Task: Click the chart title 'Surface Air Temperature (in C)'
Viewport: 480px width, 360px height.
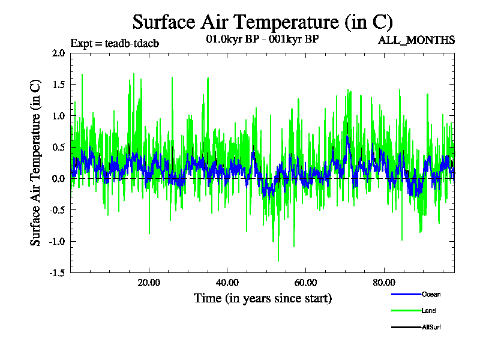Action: pos(262,22)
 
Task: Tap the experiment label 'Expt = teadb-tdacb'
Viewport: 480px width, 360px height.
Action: pos(115,43)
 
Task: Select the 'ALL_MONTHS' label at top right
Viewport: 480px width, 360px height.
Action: pos(416,40)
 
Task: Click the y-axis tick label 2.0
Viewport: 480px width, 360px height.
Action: pos(58,53)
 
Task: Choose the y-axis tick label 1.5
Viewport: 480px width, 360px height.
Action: pos(58,84)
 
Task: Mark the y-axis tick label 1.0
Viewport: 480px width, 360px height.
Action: pos(58,116)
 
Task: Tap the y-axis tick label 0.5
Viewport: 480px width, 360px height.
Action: pos(58,147)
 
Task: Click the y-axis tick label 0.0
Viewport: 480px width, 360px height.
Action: pos(58,179)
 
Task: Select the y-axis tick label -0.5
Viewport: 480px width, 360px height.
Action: pos(56,210)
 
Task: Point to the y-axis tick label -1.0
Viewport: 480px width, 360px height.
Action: pos(56,242)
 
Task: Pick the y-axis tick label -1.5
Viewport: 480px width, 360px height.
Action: pos(56,273)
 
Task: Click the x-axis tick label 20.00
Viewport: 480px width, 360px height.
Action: pos(149,283)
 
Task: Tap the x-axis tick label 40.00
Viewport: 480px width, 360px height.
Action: pos(227,283)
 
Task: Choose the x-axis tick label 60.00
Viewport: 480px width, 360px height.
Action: pos(305,283)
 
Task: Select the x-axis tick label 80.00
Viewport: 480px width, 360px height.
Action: pos(384,283)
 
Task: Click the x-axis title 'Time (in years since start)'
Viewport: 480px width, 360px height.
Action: pos(262,298)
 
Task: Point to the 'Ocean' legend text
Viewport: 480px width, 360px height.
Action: pos(431,294)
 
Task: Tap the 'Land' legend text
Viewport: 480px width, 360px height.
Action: pos(428,311)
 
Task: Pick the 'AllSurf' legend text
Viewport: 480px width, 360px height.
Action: pos(431,327)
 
